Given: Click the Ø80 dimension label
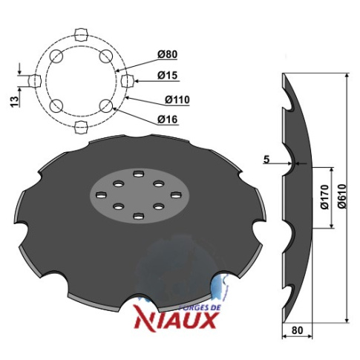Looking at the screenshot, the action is [168, 54].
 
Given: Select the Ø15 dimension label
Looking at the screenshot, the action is [168, 76].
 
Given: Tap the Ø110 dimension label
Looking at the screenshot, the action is [177, 99].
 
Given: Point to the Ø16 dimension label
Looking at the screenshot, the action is [168, 120].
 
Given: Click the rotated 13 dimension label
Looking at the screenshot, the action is [14, 102].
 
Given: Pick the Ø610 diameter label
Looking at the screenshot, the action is [342, 196].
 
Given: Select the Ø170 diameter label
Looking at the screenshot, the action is [325, 197].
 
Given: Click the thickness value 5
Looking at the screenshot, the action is [266, 160].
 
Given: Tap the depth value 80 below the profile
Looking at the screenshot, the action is [297, 330].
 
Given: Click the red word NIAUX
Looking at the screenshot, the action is [177, 321].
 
